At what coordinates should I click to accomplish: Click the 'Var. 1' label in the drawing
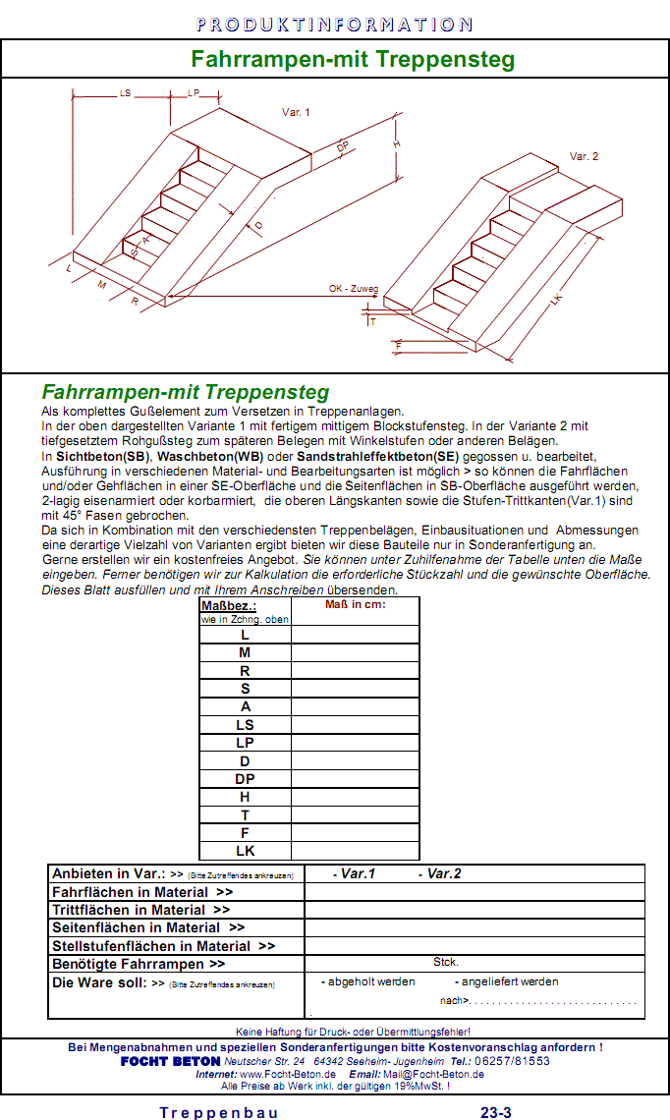tap(296, 113)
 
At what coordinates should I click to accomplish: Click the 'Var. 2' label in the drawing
tap(584, 157)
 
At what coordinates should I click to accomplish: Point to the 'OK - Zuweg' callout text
tap(354, 289)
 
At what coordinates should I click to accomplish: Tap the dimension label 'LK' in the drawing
tap(558, 301)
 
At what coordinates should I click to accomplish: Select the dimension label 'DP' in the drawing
tap(343, 147)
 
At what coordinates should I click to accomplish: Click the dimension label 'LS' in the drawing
tap(125, 92)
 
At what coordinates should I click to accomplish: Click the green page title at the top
tap(353, 59)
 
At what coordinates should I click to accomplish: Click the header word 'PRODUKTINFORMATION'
tap(334, 25)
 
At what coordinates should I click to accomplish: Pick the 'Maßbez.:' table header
tap(222, 606)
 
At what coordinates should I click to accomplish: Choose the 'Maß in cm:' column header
tap(356, 605)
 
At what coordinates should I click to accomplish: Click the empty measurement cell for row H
tap(356, 796)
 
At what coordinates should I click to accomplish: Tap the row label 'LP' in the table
tap(246, 743)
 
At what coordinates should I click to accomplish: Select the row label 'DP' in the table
tap(246, 778)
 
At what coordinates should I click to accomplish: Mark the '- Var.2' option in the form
tap(440, 873)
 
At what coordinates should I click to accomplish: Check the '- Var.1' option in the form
tap(355, 873)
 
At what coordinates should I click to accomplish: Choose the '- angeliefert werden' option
tap(506, 981)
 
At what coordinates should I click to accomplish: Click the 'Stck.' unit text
tap(446, 963)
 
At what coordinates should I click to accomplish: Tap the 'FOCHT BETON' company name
tap(170, 1061)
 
